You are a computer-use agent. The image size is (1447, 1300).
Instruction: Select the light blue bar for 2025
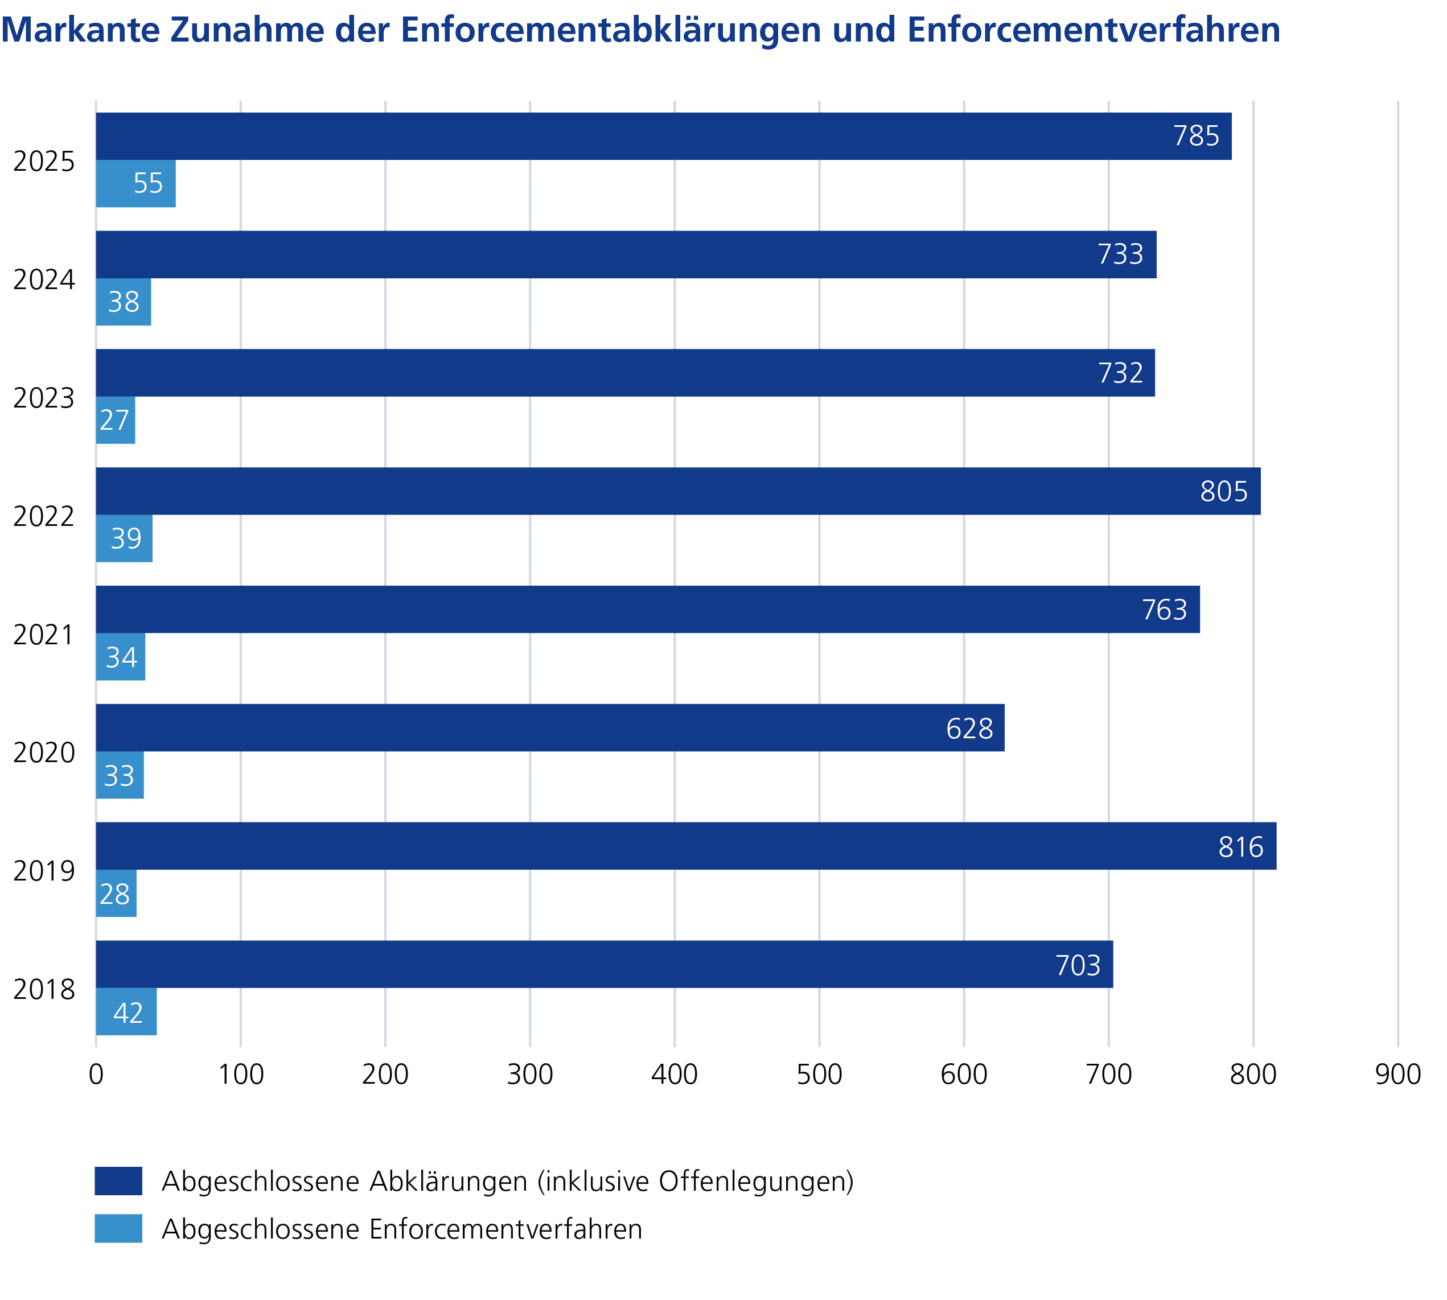(x=135, y=184)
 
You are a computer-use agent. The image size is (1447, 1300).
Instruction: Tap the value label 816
(x=1240, y=847)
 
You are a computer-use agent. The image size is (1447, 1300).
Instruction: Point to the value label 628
(x=969, y=729)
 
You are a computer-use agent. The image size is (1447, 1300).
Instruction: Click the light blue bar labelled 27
(x=115, y=420)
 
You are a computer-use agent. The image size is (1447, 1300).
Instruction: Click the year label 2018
(x=44, y=990)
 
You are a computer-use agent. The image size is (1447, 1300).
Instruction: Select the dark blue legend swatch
(x=118, y=1182)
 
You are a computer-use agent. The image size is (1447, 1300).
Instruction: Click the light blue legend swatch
(x=118, y=1229)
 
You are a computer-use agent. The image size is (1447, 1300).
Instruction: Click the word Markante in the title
(x=80, y=30)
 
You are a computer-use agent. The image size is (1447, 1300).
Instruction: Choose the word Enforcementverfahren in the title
(x=1094, y=30)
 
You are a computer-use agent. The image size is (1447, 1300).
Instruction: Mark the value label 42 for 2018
(x=128, y=1013)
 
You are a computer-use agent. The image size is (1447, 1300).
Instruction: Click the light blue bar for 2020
(x=120, y=775)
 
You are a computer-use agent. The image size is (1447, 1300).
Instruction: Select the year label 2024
(x=44, y=280)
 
